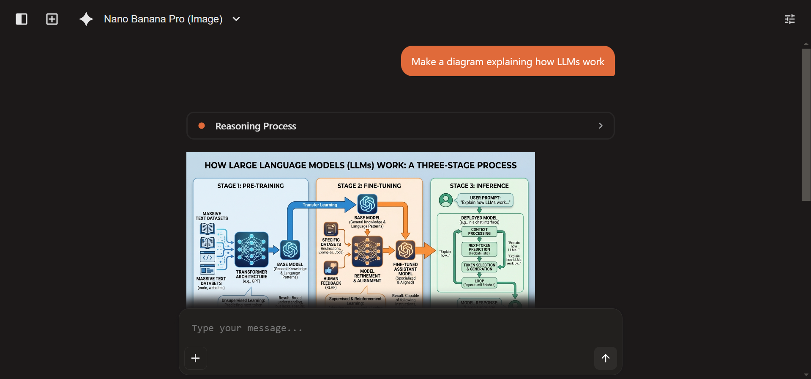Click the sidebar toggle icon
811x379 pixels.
pos(22,19)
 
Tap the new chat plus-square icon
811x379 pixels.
pos(52,19)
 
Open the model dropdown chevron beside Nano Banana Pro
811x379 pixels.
pos(236,19)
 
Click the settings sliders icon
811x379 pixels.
pos(789,19)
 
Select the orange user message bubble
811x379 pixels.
pos(508,61)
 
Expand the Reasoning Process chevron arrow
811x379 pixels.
pos(600,126)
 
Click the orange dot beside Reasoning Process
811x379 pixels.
pos(202,126)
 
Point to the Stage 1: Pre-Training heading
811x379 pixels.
pos(250,186)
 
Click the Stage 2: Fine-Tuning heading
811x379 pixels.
pos(369,186)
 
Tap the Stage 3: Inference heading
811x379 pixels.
pos(479,186)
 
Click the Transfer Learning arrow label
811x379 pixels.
pos(319,205)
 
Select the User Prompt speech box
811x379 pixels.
pos(485,200)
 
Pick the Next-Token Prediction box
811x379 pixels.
pos(479,249)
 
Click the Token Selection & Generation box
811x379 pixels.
pos(479,267)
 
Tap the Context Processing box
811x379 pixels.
pos(479,231)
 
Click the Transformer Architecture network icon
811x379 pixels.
pos(251,249)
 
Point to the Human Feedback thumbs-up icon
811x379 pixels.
pos(330,268)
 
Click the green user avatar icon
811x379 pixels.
pos(445,200)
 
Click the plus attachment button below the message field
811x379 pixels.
pos(195,358)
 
